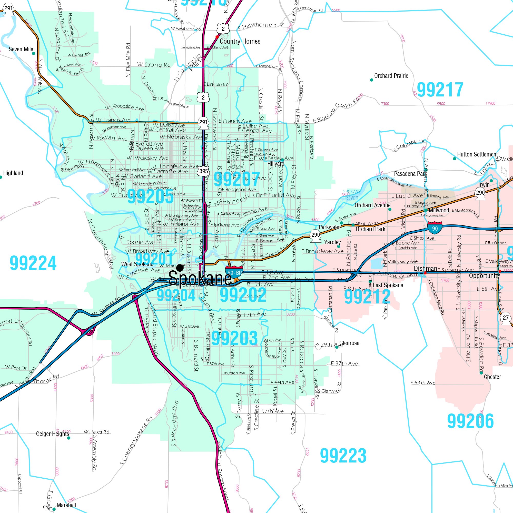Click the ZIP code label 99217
click(x=440, y=90)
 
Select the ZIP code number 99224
click(x=33, y=263)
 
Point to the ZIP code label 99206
click(x=470, y=421)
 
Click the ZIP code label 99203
click(x=234, y=338)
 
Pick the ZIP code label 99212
click(x=367, y=297)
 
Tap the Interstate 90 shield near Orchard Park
click(x=435, y=228)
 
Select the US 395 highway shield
click(x=203, y=171)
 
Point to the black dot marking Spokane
click(x=180, y=268)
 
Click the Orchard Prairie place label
click(x=391, y=76)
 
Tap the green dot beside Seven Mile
click(x=33, y=53)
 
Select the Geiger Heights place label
click(x=52, y=434)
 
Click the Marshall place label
click(x=66, y=505)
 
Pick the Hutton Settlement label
click(x=477, y=154)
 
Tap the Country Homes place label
click(x=240, y=41)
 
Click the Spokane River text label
click(x=352, y=195)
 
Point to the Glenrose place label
click(x=349, y=343)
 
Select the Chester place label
click(x=492, y=377)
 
